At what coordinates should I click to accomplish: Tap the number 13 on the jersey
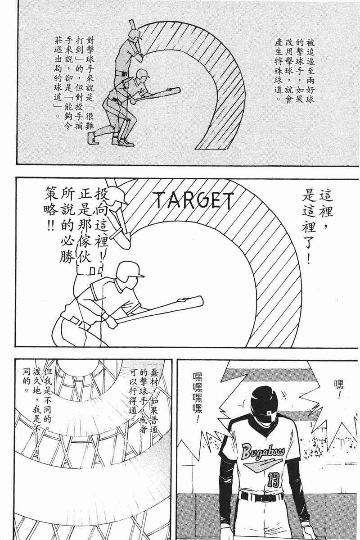point(273,479)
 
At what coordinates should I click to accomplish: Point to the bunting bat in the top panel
point(157,95)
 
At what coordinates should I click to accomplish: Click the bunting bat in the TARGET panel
point(159,309)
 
